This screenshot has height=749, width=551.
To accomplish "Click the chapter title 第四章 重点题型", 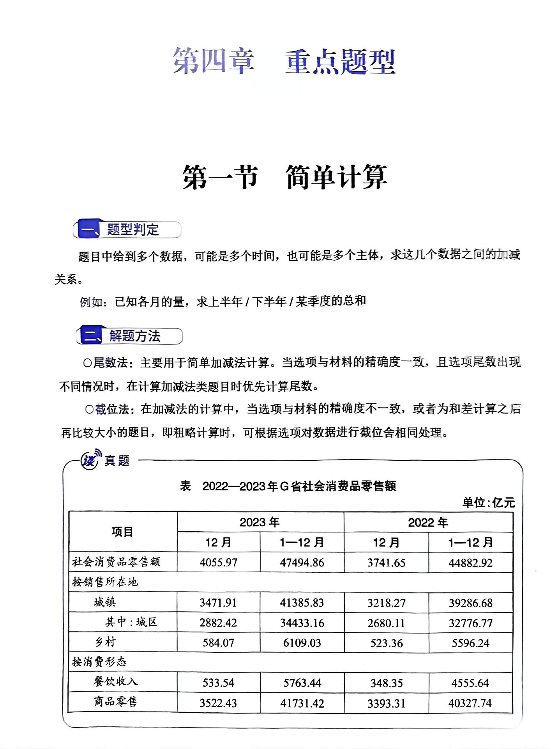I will coord(284,61).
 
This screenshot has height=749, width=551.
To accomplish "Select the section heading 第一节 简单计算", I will coord(284,177).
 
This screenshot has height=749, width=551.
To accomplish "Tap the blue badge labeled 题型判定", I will coord(127,229).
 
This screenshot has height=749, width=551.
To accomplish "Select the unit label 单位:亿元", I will coord(488,502).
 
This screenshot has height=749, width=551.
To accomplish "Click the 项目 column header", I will coord(122,532).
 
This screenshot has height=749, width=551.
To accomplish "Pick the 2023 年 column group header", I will coord(260,522).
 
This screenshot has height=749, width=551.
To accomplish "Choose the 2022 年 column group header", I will coord(428,522).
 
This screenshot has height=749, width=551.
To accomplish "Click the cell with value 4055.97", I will coord(218,563).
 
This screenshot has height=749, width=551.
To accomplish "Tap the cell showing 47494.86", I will coord(302,563).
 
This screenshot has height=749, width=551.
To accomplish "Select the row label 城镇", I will coord(104,602).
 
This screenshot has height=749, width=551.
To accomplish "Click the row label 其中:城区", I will coord(131,622).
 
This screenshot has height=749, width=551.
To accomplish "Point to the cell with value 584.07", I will coord(218,643).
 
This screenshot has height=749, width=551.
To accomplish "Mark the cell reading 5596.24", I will coord(470,643).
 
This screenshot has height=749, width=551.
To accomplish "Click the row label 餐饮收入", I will coord(115,682).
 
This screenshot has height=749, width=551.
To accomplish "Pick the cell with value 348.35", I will coord(386,683).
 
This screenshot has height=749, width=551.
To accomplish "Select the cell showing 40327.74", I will coord(470,703).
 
